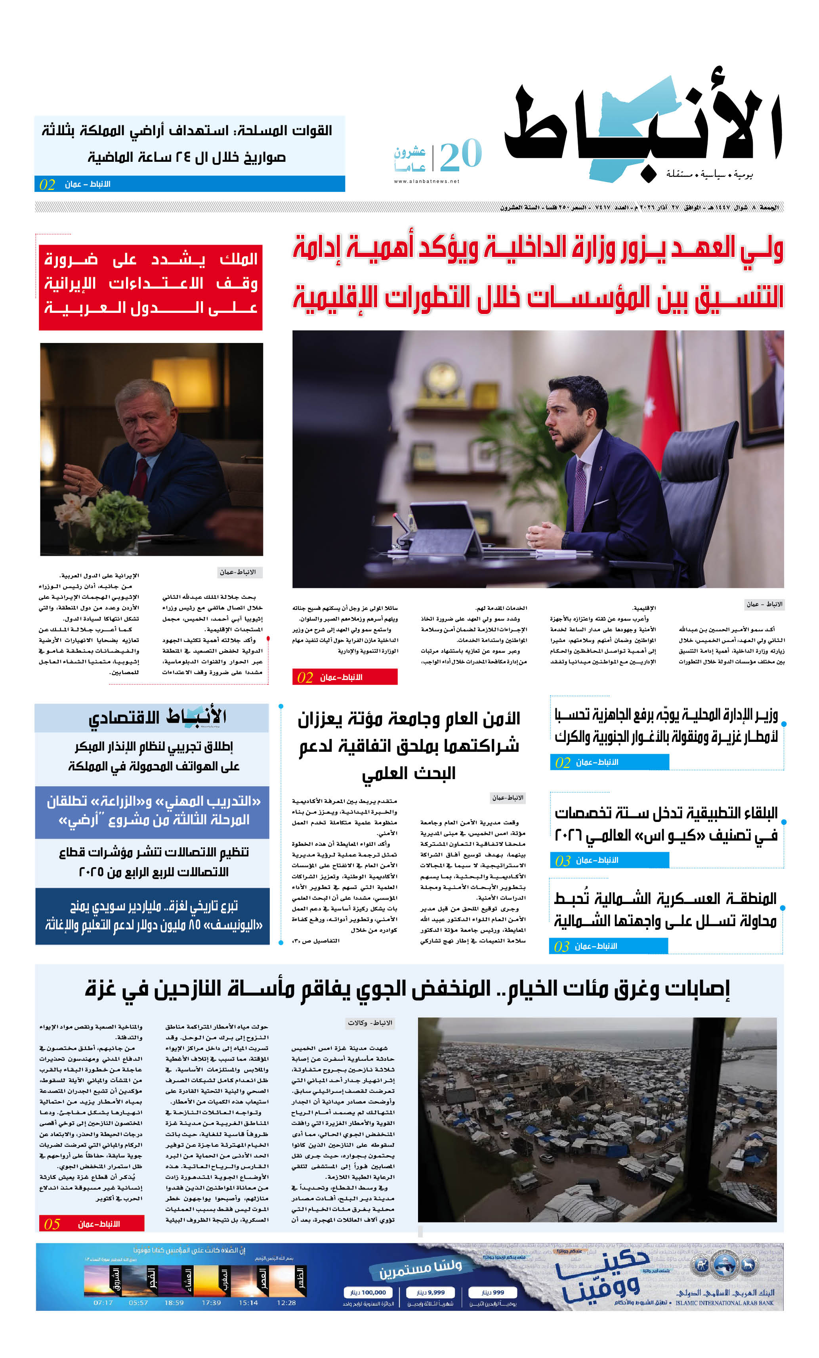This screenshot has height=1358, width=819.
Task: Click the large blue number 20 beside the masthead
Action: [460, 156]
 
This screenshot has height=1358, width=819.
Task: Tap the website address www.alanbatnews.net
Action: [426, 181]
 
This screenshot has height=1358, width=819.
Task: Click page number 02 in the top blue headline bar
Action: [47, 185]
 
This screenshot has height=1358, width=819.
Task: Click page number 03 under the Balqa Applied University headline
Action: [562, 860]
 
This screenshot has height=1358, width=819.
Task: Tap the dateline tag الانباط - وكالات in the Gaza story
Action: [370, 1023]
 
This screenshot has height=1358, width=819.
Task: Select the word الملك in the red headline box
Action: [239, 259]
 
